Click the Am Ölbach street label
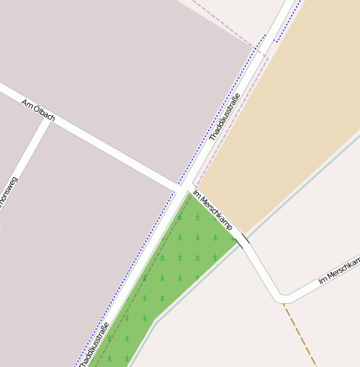(39, 108)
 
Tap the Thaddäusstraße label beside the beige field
(224, 118)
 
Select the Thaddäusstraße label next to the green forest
(95, 344)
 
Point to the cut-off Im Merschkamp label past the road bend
(339, 271)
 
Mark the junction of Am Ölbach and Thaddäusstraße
(183, 187)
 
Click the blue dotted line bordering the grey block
(218, 109)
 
